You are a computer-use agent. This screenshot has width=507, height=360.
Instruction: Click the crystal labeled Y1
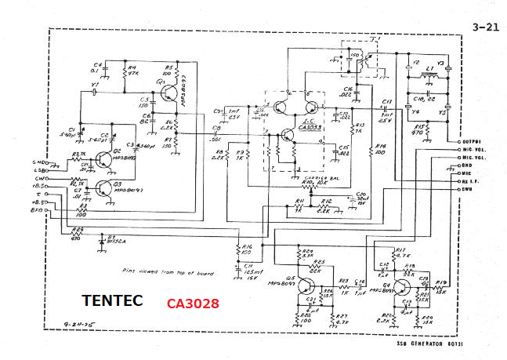click(95, 93)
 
